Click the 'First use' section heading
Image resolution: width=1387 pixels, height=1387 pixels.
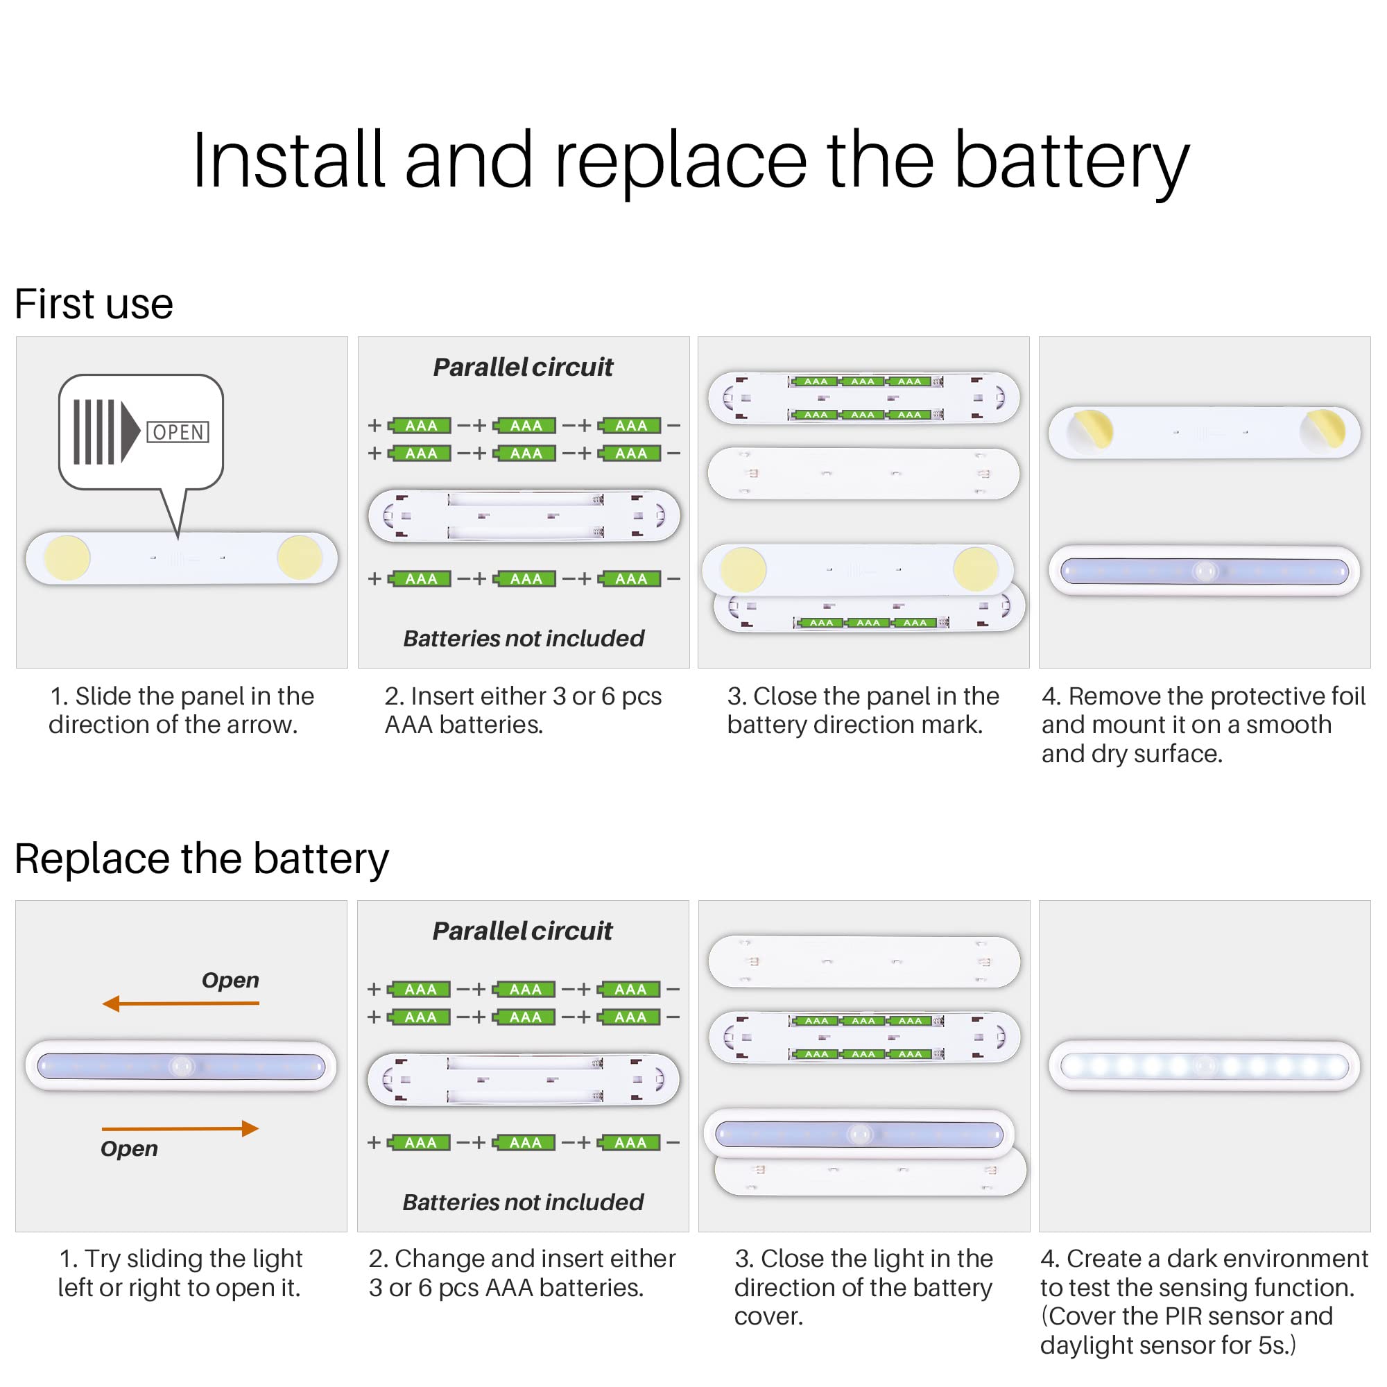click(94, 304)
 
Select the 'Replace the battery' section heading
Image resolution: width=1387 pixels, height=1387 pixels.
click(201, 859)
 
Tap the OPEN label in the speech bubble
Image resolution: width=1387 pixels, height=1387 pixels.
click(178, 432)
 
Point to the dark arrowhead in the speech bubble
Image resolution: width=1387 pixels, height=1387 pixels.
click(130, 432)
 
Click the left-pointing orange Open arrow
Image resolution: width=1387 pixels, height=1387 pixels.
click(180, 1003)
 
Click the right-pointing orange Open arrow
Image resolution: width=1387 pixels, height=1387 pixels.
click(180, 1128)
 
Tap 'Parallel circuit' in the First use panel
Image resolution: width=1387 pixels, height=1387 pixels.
click(523, 368)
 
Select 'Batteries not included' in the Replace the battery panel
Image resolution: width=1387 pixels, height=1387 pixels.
click(523, 1202)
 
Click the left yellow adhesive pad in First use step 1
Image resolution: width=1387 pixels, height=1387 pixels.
click(67, 558)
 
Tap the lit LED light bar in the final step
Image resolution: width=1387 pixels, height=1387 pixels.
click(1204, 1066)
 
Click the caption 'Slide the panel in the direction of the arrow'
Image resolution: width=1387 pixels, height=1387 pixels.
click(181, 710)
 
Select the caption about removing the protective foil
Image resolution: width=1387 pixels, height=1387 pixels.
click(1203, 725)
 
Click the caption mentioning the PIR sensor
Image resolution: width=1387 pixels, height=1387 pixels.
click(1203, 1301)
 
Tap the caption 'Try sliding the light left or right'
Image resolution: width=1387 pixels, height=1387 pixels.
click(180, 1273)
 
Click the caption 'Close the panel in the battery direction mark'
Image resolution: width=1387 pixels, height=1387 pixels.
click(862, 710)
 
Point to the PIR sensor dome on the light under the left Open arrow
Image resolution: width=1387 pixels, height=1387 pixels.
click(180, 1066)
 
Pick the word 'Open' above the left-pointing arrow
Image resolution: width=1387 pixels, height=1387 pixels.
click(230, 980)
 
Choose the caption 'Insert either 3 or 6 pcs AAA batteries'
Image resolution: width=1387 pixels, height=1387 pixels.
click(523, 710)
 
